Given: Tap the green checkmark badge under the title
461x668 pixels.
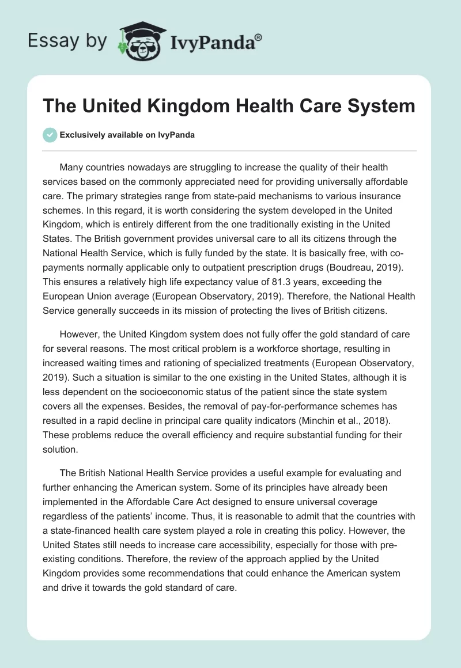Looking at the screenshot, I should (x=50, y=135).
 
